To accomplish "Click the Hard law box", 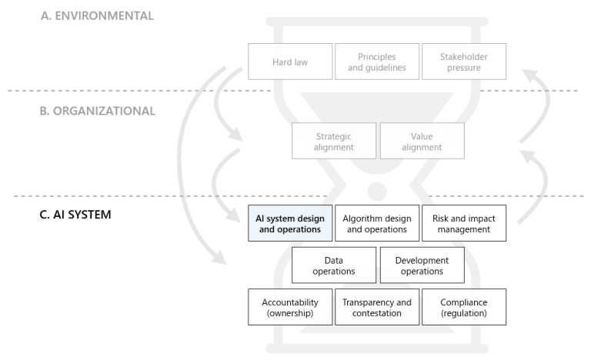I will (x=290, y=62).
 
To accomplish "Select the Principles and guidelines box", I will (x=377, y=62).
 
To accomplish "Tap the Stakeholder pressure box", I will (x=464, y=62).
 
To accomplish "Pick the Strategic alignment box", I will (x=334, y=142).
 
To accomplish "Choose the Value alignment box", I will (x=422, y=142).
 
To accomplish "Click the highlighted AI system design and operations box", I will (x=290, y=223).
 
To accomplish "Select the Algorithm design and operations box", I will (x=377, y=223).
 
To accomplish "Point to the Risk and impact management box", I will (x=464, y=223).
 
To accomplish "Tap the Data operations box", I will (x=334, y=265).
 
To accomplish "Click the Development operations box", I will (x=422, y=265).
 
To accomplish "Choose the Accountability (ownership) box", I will (x=290, y=307).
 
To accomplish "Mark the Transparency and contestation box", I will (x=377, y=307).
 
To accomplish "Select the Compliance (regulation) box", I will (x=464, y=307).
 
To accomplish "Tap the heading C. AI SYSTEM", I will (x=75, y=215).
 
